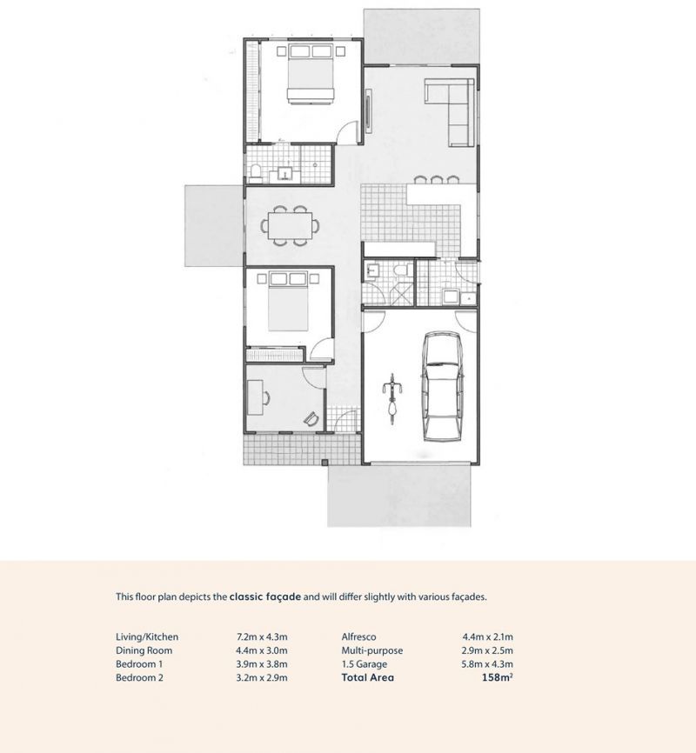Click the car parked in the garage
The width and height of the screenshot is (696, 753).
coord(442,386)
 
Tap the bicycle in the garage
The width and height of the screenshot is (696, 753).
coord(392,398)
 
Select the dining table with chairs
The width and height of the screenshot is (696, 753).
coord(290,225)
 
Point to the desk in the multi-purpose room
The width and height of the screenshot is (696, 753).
coord(255,397)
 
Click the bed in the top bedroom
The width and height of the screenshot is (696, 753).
coord(311,74)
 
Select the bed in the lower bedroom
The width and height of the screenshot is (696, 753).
coord(288,302)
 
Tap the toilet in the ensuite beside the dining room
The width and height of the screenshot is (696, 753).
coord(255,173)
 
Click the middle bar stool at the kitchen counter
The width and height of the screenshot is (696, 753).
coord(437,180)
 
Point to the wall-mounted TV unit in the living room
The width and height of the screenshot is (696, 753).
coord(369,110)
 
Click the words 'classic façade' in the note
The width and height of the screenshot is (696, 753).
coord(265,597)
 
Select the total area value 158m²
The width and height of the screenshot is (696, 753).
coord(497,677)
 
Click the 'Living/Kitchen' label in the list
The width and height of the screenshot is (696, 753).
coord(147,637)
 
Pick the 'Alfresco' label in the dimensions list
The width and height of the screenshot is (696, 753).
coord(359,636)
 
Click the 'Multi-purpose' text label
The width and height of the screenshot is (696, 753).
coord(372,650)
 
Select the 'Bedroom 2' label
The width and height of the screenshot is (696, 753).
coord(139,677)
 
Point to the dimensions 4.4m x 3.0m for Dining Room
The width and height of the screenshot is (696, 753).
coord(262,650)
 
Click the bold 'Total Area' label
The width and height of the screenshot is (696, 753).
coord(368,677)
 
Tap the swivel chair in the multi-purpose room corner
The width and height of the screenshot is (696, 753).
coord(311,419)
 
